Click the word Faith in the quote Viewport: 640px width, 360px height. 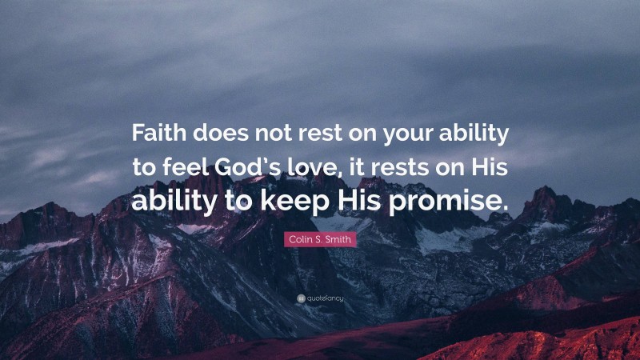tap(158, 134)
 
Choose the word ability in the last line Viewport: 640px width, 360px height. tap(173, 202)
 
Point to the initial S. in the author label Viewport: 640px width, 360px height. tap(320, 239)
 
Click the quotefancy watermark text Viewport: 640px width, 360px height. tap(324, 298)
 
